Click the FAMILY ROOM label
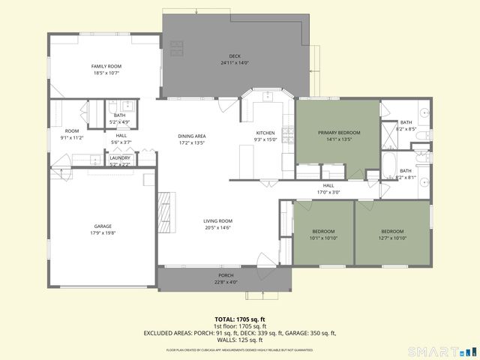coord(106,66)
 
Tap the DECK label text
coord(234,57)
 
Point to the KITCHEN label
coord(266,133)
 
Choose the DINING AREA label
coord(192,136)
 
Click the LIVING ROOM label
coord(218,220)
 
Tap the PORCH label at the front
coord(224,276)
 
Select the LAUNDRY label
coord(120,157)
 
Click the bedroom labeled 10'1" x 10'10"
coord(323,231)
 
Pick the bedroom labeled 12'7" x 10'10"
coord(392,231)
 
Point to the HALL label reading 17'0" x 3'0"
coord(328,185)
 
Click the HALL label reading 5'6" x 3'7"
coord(121,136)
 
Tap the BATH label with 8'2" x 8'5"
coord(406,122)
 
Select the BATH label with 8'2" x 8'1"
coord(406,171)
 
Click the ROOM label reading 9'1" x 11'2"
coord(71,131)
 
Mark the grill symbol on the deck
coord(176,49)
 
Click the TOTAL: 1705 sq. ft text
coord(239,319)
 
